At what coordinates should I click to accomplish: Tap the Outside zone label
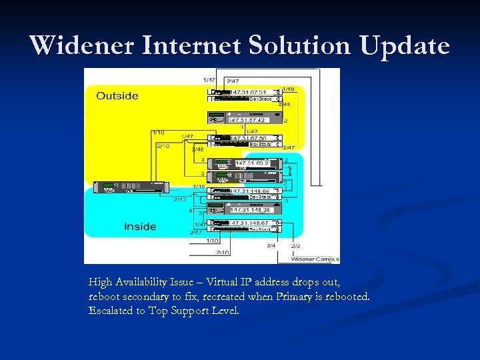(117, 96)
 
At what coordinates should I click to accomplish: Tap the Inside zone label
(139, 227)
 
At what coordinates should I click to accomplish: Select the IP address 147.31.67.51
(248, 92)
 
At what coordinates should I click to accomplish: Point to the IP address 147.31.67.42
(248, 120)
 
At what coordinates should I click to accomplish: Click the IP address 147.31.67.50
(248, 138)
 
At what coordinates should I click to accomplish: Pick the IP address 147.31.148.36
(251, 210)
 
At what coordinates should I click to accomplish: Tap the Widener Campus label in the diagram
(313, 258)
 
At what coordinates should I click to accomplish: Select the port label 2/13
(179, 199)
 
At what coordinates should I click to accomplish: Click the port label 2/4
(271, 245)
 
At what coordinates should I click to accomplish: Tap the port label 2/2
(295, 245)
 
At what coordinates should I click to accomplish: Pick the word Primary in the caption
(284, 297)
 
